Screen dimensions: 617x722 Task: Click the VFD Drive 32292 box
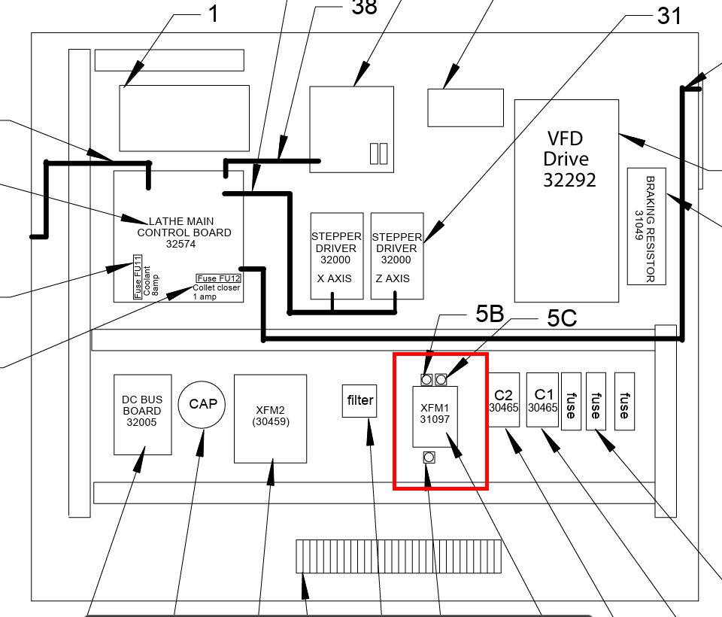click(x=566, y=199)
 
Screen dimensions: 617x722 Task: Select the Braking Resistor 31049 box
click(x=647, y=226)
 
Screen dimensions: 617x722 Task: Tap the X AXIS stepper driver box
click(x=337, y=255)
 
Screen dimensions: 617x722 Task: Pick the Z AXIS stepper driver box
click(x=397, y=255)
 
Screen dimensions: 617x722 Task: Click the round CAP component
click(x=203, y=404)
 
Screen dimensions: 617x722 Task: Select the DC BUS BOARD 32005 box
click(x=142, y=414)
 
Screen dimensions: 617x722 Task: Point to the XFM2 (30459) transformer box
click(x=270, y=418)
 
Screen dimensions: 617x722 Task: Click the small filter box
click(x=359, y=400)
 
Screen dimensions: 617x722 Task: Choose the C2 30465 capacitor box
click(x=503, y=400)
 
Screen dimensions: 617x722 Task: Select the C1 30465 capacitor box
click(x=543, y=400)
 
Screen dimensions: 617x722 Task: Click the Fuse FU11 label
click(x=138, y=281)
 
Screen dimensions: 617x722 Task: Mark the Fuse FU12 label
click(x=217, y=278)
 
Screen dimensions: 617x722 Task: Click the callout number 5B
click(x=489, y=315)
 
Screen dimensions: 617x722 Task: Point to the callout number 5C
click(x=562, y=318)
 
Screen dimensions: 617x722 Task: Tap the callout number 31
click(x=669, y=14)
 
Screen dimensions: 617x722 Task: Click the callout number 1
click(x=213, y=14)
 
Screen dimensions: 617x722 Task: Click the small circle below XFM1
click(x=429, y=457)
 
